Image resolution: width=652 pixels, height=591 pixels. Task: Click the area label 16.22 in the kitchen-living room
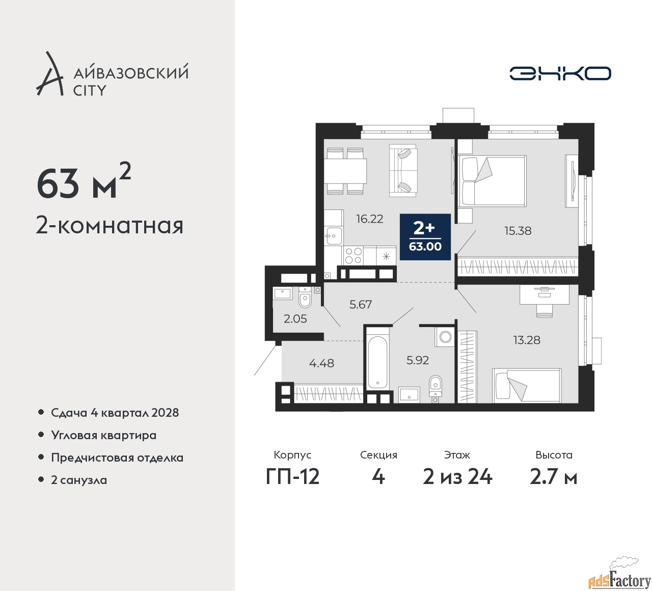coord(370,219)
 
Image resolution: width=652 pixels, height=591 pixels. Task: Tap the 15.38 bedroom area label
coord(518,231)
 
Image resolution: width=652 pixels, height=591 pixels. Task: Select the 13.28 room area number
coord(527,340)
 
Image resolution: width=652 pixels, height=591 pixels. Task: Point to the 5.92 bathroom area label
coord(418,360)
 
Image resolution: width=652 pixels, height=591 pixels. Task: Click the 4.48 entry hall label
coord(321,363)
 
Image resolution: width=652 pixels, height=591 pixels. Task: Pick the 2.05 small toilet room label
coord(295,319)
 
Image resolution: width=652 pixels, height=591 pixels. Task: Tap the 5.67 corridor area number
coord(361,305)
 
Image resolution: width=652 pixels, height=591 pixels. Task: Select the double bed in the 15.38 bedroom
coord(492,181)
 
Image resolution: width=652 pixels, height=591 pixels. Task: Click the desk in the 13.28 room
coord(545,294)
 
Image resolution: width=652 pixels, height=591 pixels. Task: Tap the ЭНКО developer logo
coord(560,73)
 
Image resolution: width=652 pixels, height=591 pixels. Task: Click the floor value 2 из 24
coord(457,477)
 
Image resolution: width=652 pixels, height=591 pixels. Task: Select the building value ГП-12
coord(292,477)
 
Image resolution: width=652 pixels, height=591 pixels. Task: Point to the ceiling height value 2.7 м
coord(554,477)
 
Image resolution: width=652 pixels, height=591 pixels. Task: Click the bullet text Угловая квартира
coord(104,435)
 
